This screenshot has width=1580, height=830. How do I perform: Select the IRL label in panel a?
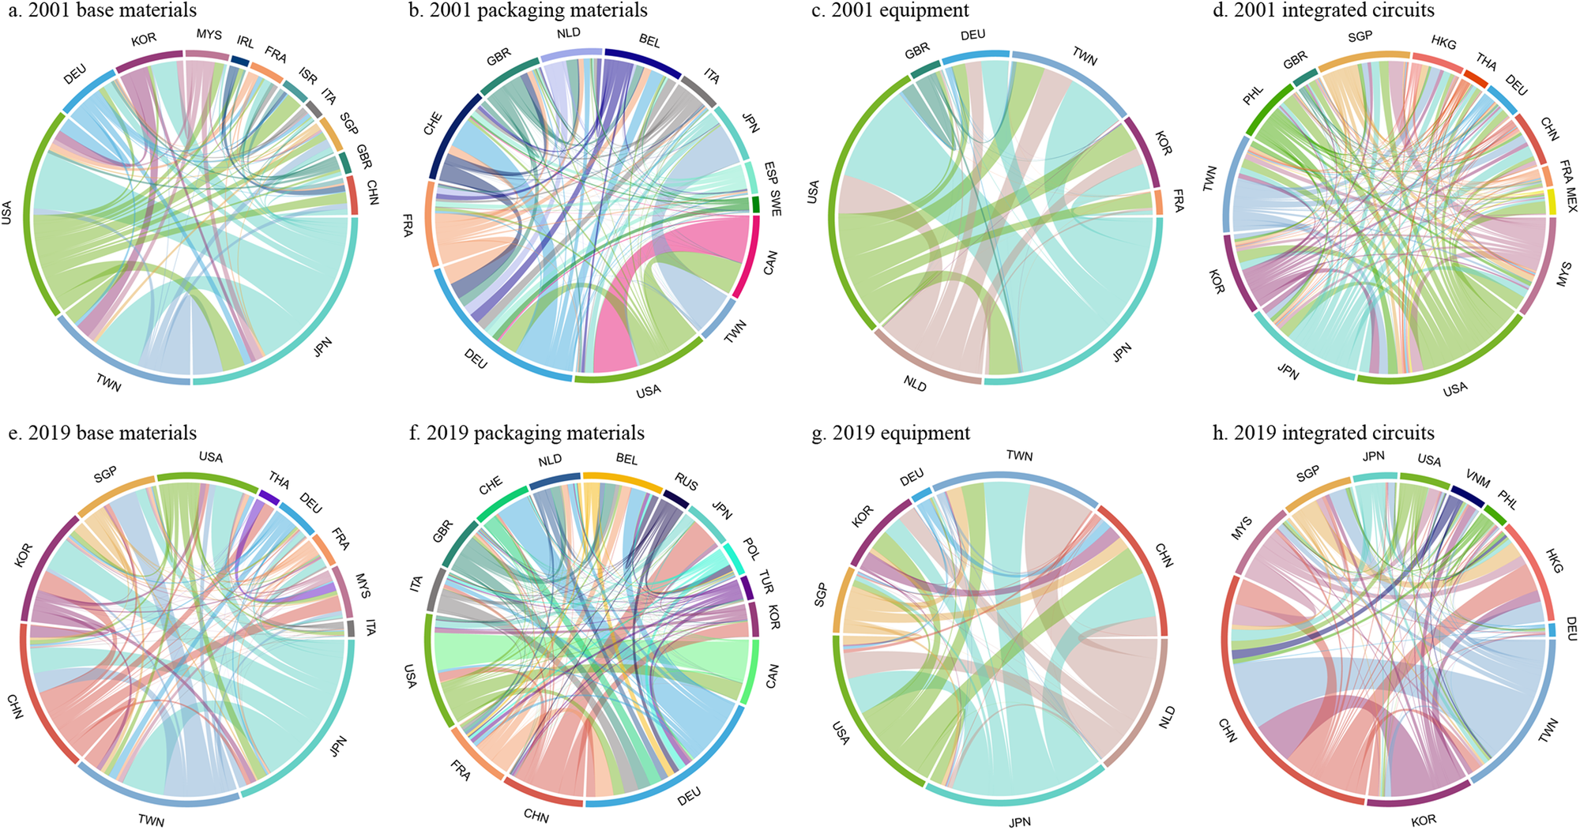pyautogui.click(x=246, y=42)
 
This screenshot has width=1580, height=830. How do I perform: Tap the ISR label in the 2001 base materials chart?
pyautogui.click(x=308, y=76)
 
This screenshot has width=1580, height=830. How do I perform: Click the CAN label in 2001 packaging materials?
pyautogui.click(x=770, y=263)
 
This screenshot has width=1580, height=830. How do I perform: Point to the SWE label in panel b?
pyautogui.click(x=776, y=204)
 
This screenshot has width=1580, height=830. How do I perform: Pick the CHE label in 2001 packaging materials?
pyautogui.click(x=433, y=124)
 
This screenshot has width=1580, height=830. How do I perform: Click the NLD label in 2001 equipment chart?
pyautogui.click(x=915, y=385)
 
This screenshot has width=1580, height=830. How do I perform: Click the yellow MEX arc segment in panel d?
pyautogui.click(x=1552, y=202)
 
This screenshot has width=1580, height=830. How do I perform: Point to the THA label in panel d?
pyautogui.click(x=1486, y=61)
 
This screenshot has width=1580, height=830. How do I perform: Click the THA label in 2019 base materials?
pyautogui.click(x=279, y=480)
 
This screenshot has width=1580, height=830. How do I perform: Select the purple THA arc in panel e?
pyautogui.click(x=269, y=498)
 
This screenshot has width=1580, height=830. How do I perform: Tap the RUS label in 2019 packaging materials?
pyautogui.click(x=686, y=480)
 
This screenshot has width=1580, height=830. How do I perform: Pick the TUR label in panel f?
pyautogui.click(x=766, y=582)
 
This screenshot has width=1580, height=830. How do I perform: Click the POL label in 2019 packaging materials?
pyautogui.click(x=751, y=548)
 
